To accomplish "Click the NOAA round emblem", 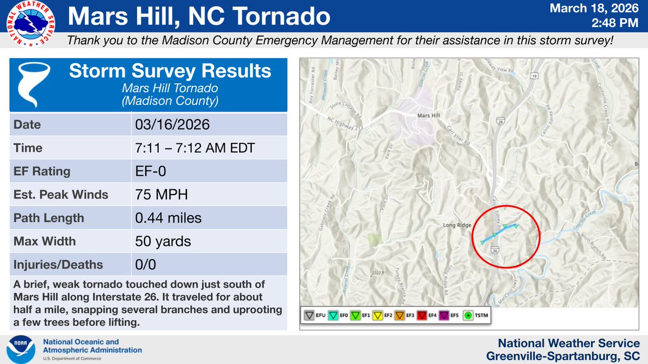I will point(21,349).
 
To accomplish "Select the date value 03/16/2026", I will point(172,125).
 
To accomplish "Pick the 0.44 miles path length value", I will point(168,218).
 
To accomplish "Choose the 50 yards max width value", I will point(163,241).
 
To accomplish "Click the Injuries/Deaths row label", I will point(58,265).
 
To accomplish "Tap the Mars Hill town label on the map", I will point(430,115).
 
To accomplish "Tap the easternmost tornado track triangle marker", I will point(516,226).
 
